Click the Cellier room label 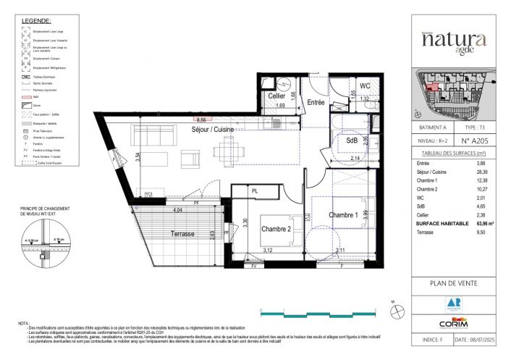pyautogui.click(x=276, y=96)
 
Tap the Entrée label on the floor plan pyautogui.click(x=316, y=102)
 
